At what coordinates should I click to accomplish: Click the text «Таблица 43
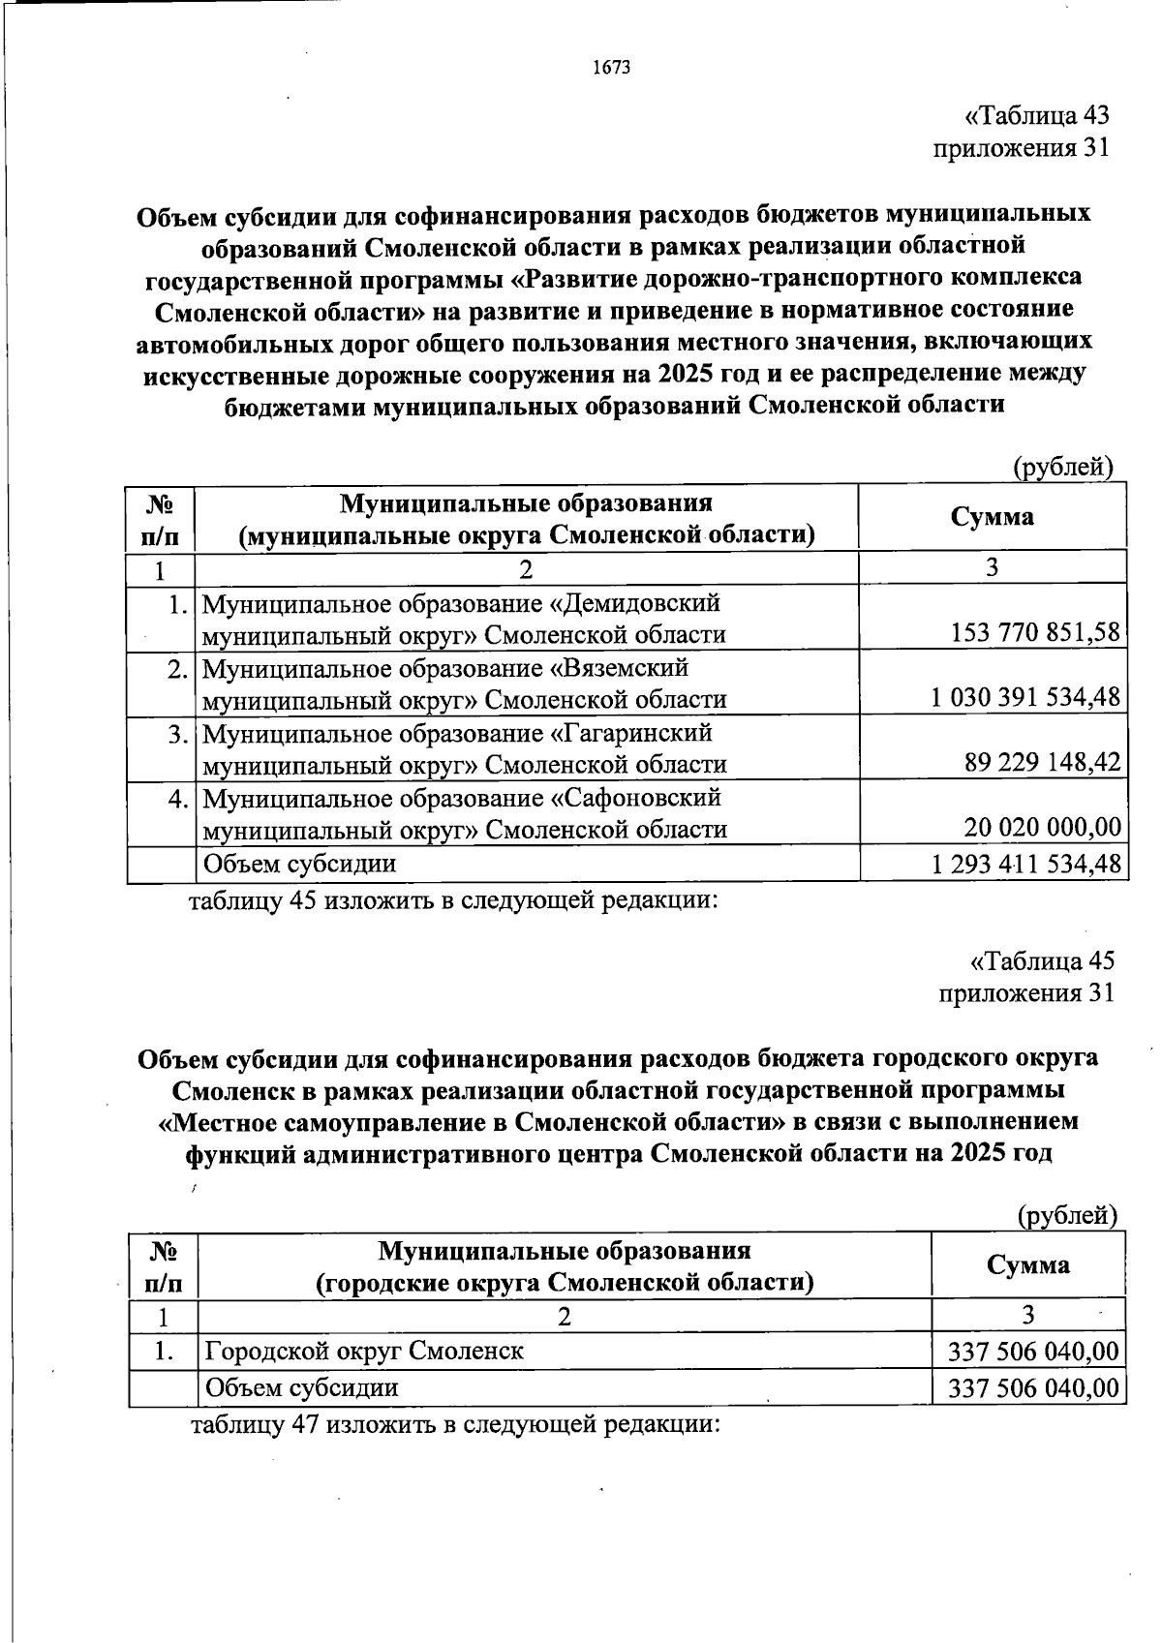click(1036, 116)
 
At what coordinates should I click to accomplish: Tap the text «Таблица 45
click(1042, 960)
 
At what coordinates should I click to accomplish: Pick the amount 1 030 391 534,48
click(1025, 697)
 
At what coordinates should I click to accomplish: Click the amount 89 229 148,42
click(1042, 763)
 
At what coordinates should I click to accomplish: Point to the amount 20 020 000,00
click(1042, 827)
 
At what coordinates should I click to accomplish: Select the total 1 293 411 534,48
click(1025, 863)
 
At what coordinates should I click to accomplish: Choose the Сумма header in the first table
click(992, 516)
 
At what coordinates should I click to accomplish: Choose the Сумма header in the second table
click(1027, 1263)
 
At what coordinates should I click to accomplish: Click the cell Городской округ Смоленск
click(363, 1351)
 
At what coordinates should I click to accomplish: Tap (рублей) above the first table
click(1062, 468)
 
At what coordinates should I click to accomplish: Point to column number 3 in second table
click(1027, 1314)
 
